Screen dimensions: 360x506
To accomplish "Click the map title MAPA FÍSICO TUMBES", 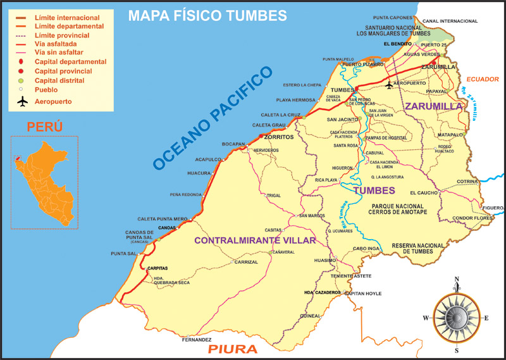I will coord(207,15).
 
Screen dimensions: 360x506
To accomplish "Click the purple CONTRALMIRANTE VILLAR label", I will coord(254,240).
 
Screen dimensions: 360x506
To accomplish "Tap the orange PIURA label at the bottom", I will coord(233,349).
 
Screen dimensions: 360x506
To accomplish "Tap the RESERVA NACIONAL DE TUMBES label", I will coord(417,249).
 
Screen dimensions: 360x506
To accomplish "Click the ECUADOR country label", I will coord(483,79).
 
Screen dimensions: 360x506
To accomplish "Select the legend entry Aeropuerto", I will coord(53,101).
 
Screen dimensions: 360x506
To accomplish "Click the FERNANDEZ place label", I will coord(196,340).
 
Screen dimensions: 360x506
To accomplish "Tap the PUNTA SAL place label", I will coord(123,254).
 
